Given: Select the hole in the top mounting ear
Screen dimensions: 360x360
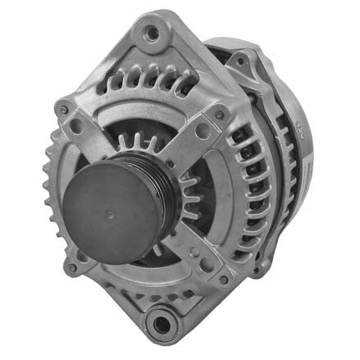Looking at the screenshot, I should coord(151,34).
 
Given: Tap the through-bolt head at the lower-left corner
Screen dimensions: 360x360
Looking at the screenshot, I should coord(72,267).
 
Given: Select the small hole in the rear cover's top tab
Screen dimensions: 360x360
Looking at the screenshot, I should coord(239,59).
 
